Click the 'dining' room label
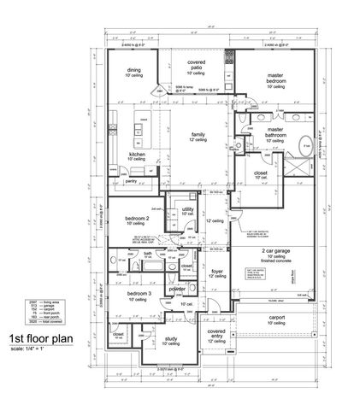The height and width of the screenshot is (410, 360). (133, 70)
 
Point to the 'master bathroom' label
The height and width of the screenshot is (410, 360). (275, 132)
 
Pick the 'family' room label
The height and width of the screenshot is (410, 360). (199, 134)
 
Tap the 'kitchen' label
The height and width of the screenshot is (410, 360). (137, 154)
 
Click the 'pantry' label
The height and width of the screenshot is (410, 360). (131, 181)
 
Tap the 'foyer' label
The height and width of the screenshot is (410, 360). (216, 271)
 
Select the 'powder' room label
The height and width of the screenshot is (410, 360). (179, 289)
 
